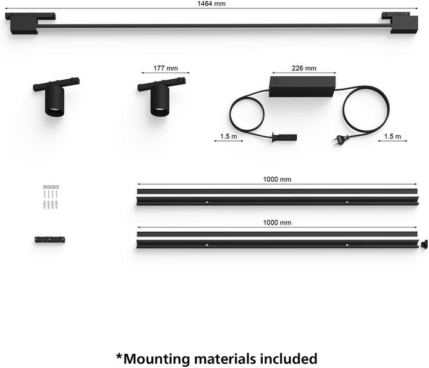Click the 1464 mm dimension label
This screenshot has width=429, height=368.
click(212, 4)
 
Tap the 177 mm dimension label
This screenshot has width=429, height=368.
click(166, 68)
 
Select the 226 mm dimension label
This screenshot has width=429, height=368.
click(304, 68)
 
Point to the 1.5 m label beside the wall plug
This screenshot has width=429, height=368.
click(392, 136)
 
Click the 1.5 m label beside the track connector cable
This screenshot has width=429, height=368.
click(228, 136)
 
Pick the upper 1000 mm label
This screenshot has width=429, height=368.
click(277, 179)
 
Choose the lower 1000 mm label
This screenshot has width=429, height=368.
click(277, 223)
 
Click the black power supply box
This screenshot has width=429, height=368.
click(302, 86)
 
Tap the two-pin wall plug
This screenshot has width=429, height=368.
click(341, 140)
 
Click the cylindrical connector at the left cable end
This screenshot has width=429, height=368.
click(285, 137)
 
